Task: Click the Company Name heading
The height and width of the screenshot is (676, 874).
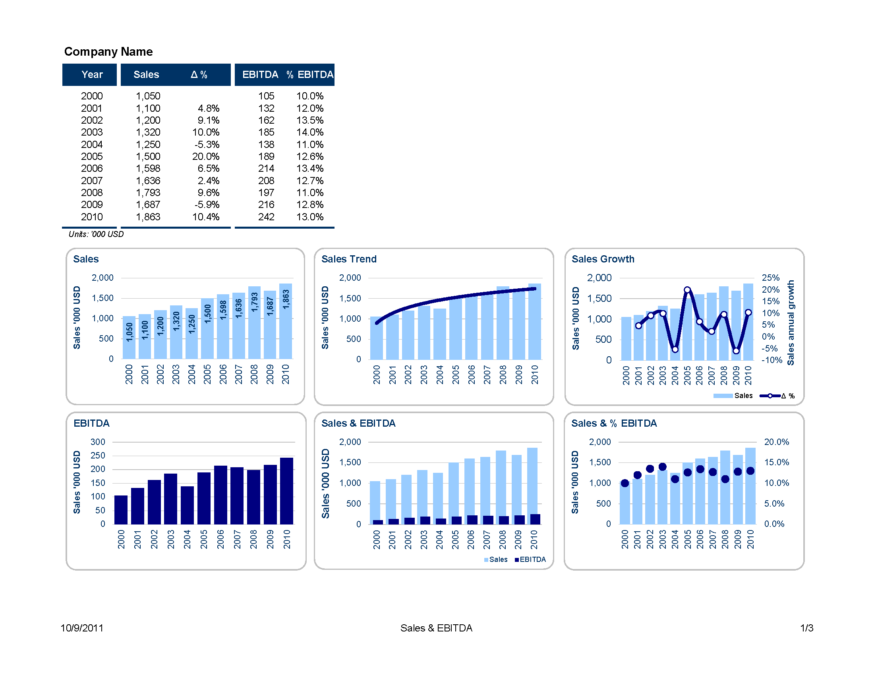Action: [108, 52]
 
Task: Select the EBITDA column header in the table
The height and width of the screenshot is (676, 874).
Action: [260, 74]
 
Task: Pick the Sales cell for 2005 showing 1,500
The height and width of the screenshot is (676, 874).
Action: [148, 157]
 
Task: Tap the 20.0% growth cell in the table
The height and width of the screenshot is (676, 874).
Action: [206, 157]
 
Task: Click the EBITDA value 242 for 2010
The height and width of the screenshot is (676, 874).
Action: [266, 217]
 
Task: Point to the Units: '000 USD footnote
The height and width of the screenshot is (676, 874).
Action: [96, 234]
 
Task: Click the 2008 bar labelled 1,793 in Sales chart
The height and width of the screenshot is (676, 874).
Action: [255, 322]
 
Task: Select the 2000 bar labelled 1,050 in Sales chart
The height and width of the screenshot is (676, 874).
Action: [129, 338]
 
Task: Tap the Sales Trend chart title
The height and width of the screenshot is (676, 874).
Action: [349, 259]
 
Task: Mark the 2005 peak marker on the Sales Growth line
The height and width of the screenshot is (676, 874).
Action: [687, 290]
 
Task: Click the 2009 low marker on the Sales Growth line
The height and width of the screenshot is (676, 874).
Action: [736, 351]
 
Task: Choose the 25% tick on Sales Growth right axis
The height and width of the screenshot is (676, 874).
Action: [770, 278]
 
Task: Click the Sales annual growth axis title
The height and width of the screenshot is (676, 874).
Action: [790, 322]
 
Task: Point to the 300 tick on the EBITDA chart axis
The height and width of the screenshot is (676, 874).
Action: [98, 442]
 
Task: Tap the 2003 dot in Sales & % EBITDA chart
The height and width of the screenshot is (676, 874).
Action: [662, 467]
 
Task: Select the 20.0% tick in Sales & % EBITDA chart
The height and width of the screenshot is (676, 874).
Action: [776, 442]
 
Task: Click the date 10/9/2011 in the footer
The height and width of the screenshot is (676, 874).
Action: [82, 628]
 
